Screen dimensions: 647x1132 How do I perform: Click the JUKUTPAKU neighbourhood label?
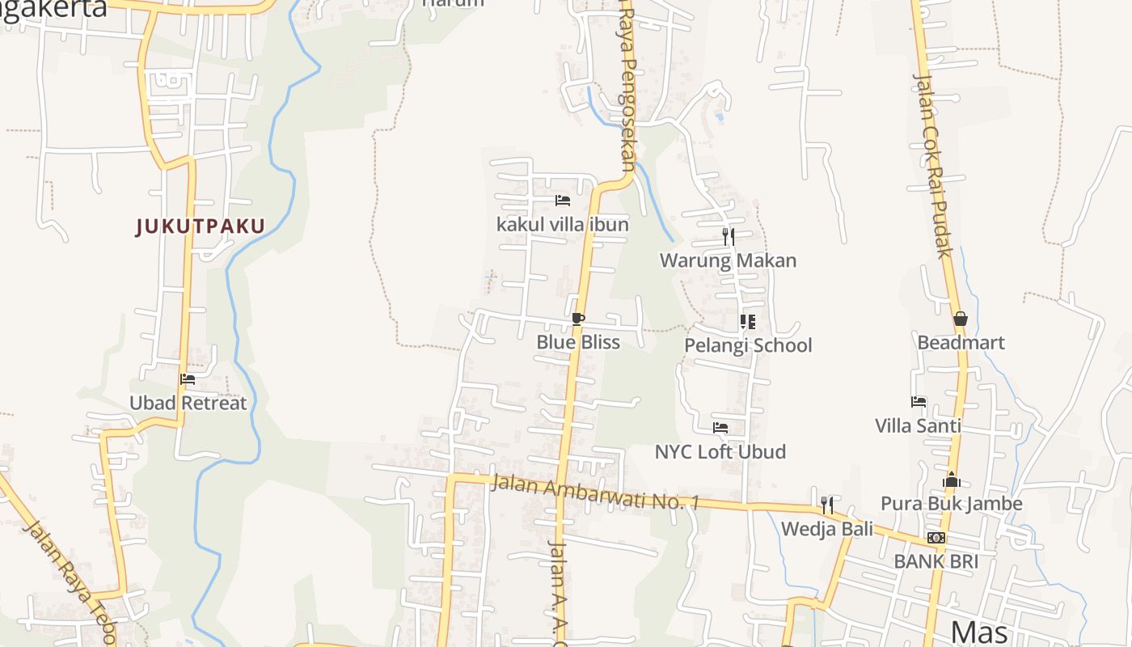(x=200, y=226)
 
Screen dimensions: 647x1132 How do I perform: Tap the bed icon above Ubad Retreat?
(x=188, y=378)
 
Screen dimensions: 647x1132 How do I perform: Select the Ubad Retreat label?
(x=188, y=403)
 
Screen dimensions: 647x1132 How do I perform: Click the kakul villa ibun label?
(x=562, y=224)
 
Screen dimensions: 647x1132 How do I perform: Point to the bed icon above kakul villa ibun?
(x=563, y=200)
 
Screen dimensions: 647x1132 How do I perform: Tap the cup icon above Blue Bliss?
(x=577, y=319)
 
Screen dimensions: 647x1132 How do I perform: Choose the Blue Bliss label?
(x=578, y=342)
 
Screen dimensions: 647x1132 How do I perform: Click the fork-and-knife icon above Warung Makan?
(x=729, y=237)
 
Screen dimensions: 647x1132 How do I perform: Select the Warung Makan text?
(x=728, y=260)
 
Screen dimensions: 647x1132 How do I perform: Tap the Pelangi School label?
(x=748, y=345)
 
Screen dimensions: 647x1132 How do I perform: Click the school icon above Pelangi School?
(x=748, y=322)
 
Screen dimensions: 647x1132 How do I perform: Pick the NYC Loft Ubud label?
(x=720, y=451)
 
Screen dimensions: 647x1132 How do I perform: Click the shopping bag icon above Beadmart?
(x=960, y=319)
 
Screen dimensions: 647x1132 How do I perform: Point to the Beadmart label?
(x=961, y=342)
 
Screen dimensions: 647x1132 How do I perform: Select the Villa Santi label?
(x=918, y=425)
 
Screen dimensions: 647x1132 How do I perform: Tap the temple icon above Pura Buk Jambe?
(x=951, y=480)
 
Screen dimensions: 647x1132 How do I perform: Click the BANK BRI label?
(x=936, y=561)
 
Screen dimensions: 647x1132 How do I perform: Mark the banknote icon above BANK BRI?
(x=936, y=538)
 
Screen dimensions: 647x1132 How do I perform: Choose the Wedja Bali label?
(x=826, y=529)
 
